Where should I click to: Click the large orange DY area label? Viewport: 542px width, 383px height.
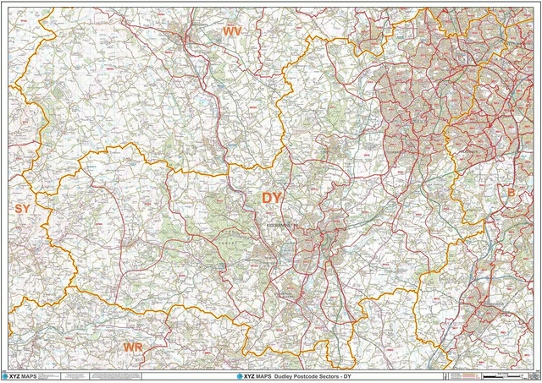pos(271,198)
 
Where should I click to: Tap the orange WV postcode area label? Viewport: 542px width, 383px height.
pos(232,30)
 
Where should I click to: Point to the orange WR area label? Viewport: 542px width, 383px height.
pos(132,347)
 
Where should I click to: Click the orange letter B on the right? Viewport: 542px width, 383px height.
pos(511,194)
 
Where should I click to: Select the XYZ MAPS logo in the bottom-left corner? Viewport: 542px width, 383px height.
pos(24,375)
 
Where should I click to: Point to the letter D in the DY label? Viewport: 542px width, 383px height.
pos(265,198)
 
